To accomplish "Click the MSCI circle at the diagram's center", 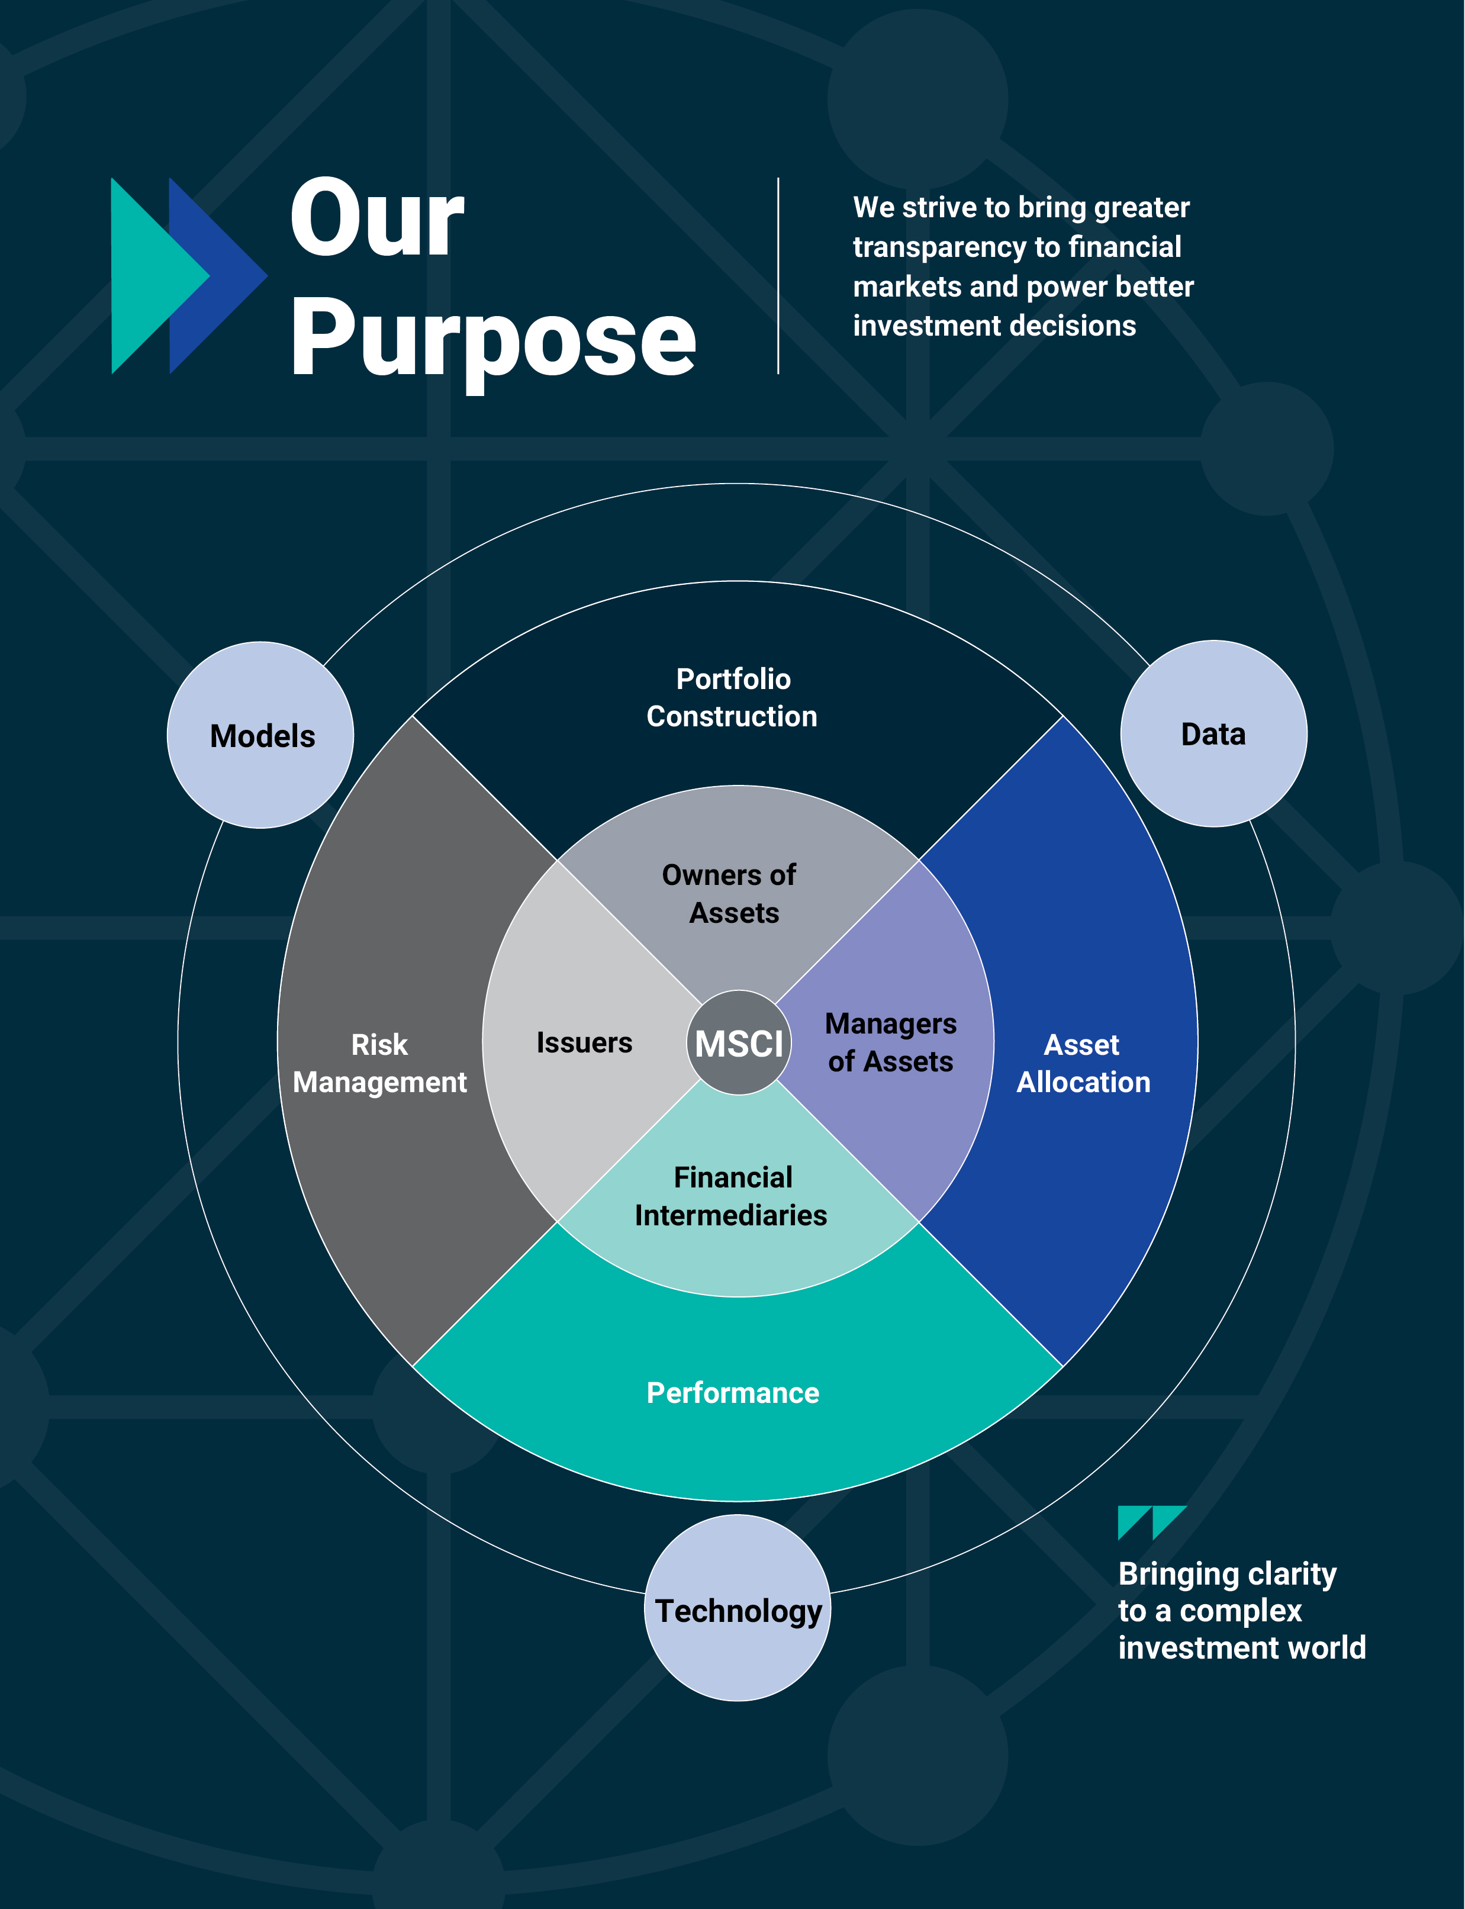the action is click(739, 1042).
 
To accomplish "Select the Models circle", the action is click(260, 735).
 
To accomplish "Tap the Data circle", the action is click(1214, 733).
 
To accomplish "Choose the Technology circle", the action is click(738, 1608).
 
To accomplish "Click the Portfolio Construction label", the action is click(733, 698).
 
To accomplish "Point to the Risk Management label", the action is click(379, 1063).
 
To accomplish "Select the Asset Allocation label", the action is click(1083, 1063).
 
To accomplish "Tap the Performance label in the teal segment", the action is click(733, 1393).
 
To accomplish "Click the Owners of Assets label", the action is click(730, 894).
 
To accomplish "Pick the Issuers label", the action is click(584, 1043).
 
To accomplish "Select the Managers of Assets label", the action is click(890, 1042).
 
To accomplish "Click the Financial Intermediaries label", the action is click(731, 1196).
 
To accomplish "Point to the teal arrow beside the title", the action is click(160, 276).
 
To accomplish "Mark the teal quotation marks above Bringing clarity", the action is click(1152, 1522).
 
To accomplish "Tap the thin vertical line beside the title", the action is click(778, 276).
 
